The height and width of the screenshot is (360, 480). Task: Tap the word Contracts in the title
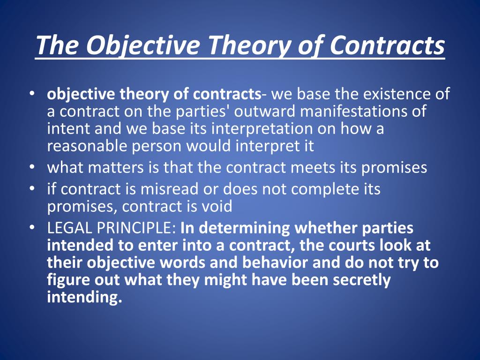(x=388, y=45)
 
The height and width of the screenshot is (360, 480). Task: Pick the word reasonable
(x=87, y=146)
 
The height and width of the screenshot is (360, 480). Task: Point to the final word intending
(x=84, y=297)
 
